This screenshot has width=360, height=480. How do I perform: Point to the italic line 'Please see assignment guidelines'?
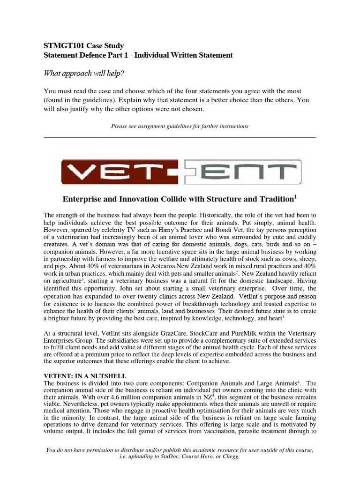pyautogui.click(x=180, y=126)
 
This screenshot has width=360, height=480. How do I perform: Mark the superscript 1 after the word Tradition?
pyautogui.click(x=296, y=196)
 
